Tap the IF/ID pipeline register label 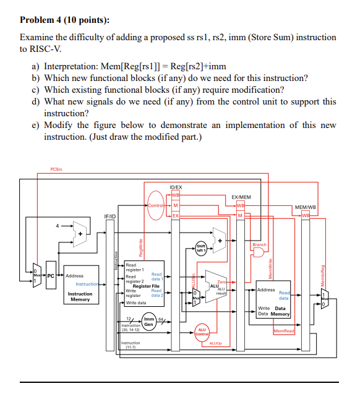point(109,215)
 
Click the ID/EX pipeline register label point(176,186)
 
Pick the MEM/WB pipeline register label point(306,208)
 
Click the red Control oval point(155,205)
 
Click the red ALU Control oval point(202,332)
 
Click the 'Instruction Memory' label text point(80,297)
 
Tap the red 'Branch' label point(260,244)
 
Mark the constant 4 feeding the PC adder point(58,226)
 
